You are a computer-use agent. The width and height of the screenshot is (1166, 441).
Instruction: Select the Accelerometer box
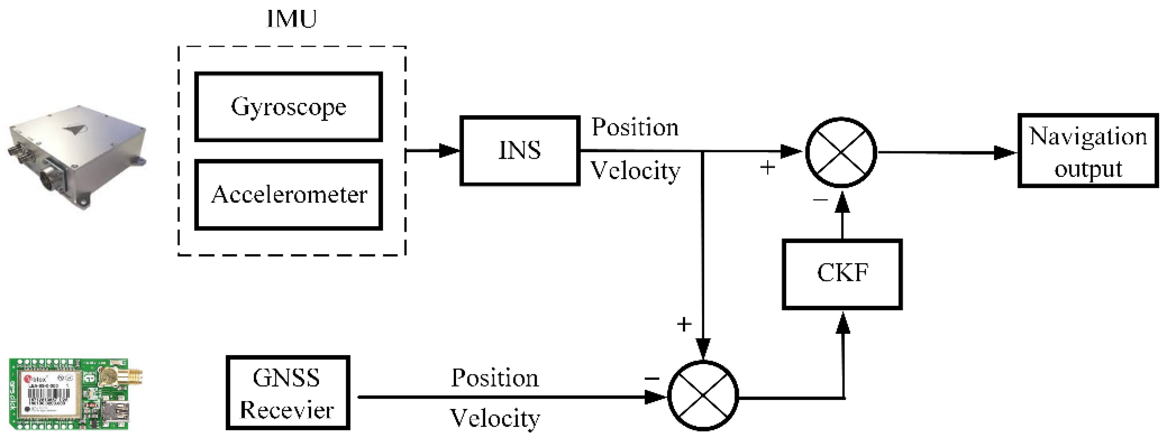coord(289,195)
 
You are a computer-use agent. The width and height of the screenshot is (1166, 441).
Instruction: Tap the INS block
coord(520,151)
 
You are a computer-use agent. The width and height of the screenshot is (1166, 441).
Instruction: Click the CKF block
coord(842,274)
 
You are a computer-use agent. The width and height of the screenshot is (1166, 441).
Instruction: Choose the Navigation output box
coord(1088,151)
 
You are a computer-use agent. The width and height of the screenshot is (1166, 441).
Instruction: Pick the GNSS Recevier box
coord(287,392)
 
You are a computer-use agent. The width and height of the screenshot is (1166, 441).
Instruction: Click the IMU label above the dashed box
coord(291,19)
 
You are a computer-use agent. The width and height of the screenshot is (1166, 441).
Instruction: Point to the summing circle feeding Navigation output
coord(841,152)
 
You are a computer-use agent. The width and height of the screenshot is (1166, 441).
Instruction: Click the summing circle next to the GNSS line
coord(703,396)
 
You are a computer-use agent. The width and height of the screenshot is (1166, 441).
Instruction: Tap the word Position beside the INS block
coord(635,127)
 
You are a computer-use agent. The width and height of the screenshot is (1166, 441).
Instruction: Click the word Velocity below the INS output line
coord(635,171)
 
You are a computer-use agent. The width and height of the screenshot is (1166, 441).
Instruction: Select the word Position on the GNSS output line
coord(495,378)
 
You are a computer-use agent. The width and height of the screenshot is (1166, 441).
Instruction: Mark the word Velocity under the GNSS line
coord(495,418)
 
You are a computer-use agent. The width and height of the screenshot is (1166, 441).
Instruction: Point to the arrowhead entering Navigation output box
coord(1004,153)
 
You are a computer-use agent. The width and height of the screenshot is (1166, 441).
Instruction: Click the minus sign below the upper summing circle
coord(820,199)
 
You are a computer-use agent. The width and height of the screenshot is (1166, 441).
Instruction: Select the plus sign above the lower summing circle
coord(684,324)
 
